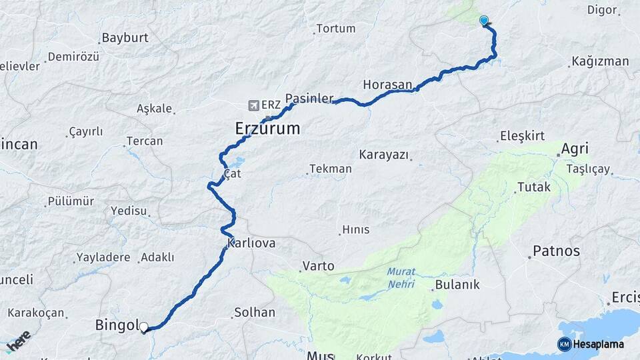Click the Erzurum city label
[x=267, y=128]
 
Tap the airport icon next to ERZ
[x=253, y=105]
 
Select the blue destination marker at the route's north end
[x=484, y=21]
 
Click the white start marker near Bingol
[x=143, y=327]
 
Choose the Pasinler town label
[x=309, y=99]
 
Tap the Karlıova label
[x=251, y=243]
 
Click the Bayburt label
[x=125, y=38]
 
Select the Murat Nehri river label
[x=401, y=278]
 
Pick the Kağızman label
[x=600, y=61]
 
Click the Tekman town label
[x=330, y=169]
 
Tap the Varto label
[x=318, y=266]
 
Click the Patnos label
[x=556, y=251]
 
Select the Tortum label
[x=336, y=29]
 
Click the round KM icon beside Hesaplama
[x=564, y=344]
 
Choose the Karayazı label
[x=383, y=155]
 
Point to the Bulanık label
[x=457, y=285]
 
